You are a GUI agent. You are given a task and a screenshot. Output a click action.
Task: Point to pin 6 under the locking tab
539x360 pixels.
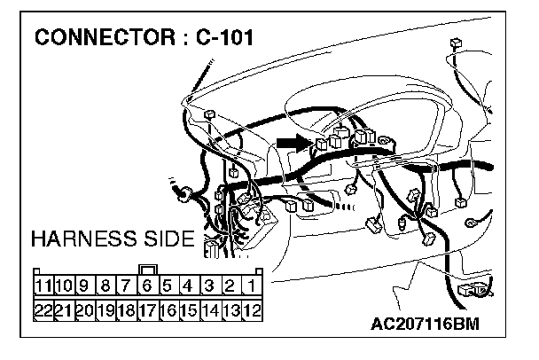coord(147,286)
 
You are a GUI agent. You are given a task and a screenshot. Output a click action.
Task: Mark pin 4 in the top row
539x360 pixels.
coord(188,286)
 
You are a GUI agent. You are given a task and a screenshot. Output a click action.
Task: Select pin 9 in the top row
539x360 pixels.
coord(84,286)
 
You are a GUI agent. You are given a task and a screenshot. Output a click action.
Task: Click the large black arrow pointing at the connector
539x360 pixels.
coord(292,142)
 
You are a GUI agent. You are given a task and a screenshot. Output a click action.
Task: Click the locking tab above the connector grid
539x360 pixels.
coord(148,269)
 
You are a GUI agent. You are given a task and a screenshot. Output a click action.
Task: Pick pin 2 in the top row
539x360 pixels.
coord(230,286)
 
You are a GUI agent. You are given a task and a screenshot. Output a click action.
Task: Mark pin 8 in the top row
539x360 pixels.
coord(105,286)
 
